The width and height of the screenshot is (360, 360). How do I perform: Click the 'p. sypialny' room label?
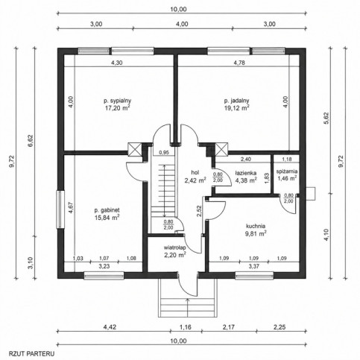pyautogui.click(x=117, y=101)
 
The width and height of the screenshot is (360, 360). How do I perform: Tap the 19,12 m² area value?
pyautogui.click(x=237, y=108)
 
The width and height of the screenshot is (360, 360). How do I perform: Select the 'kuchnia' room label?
pyautogui.click(x=256, y=226)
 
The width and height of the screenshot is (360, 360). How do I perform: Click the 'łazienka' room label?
pyautogui.click(x=246, y=173)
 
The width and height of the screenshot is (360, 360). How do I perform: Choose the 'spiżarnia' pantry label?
pyautogui.click(x=287, y=171)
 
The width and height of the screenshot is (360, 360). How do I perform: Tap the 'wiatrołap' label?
pyautogui.click(x=175, y=247)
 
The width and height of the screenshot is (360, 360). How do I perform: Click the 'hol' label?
pyautogui.click(x=195, y=172)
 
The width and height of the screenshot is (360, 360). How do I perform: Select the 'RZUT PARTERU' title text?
pyautogui.click(x=31, y=353)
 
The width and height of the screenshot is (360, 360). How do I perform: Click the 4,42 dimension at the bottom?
pyautogui.click(x=110, y=327)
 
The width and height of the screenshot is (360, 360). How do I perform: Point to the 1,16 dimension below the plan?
pyautogui.click(x=186, y=327)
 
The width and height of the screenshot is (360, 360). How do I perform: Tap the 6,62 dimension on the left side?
pyautogui.click(x=31, y=142)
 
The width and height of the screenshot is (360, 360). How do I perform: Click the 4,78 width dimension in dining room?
pyautogui.click(x=239, y=63)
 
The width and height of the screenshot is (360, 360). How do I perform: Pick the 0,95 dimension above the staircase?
pyautogui.click(x=164, y=153)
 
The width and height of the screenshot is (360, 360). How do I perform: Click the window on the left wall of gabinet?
pyautogui.click(x=60, y=209)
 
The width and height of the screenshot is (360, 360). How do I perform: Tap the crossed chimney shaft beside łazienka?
pyautogui.click(x=221, y=150)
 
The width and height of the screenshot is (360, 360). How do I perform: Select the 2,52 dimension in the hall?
pyautogui.click(x=199, y=211)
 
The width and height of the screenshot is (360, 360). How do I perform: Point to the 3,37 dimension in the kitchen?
pyautogui.click(x=253, y=267)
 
